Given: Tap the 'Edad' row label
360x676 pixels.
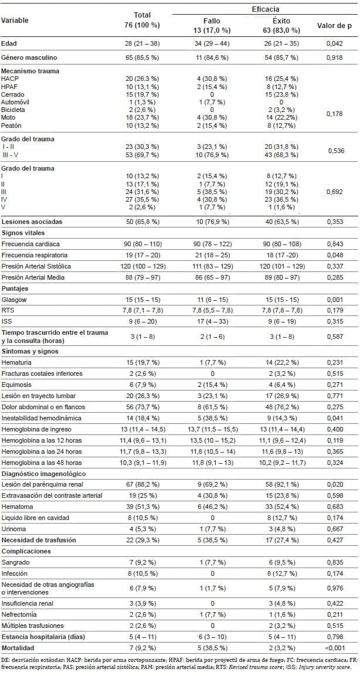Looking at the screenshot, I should (x=9, y=43).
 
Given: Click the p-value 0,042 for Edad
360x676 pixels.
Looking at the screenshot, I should (x=333, y=43).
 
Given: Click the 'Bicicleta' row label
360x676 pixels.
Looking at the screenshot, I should (x=13, y=110).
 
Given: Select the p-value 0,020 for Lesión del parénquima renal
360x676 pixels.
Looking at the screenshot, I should (x=333, y=484).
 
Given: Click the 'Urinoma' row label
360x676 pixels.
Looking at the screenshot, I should (x=13, y=528).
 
